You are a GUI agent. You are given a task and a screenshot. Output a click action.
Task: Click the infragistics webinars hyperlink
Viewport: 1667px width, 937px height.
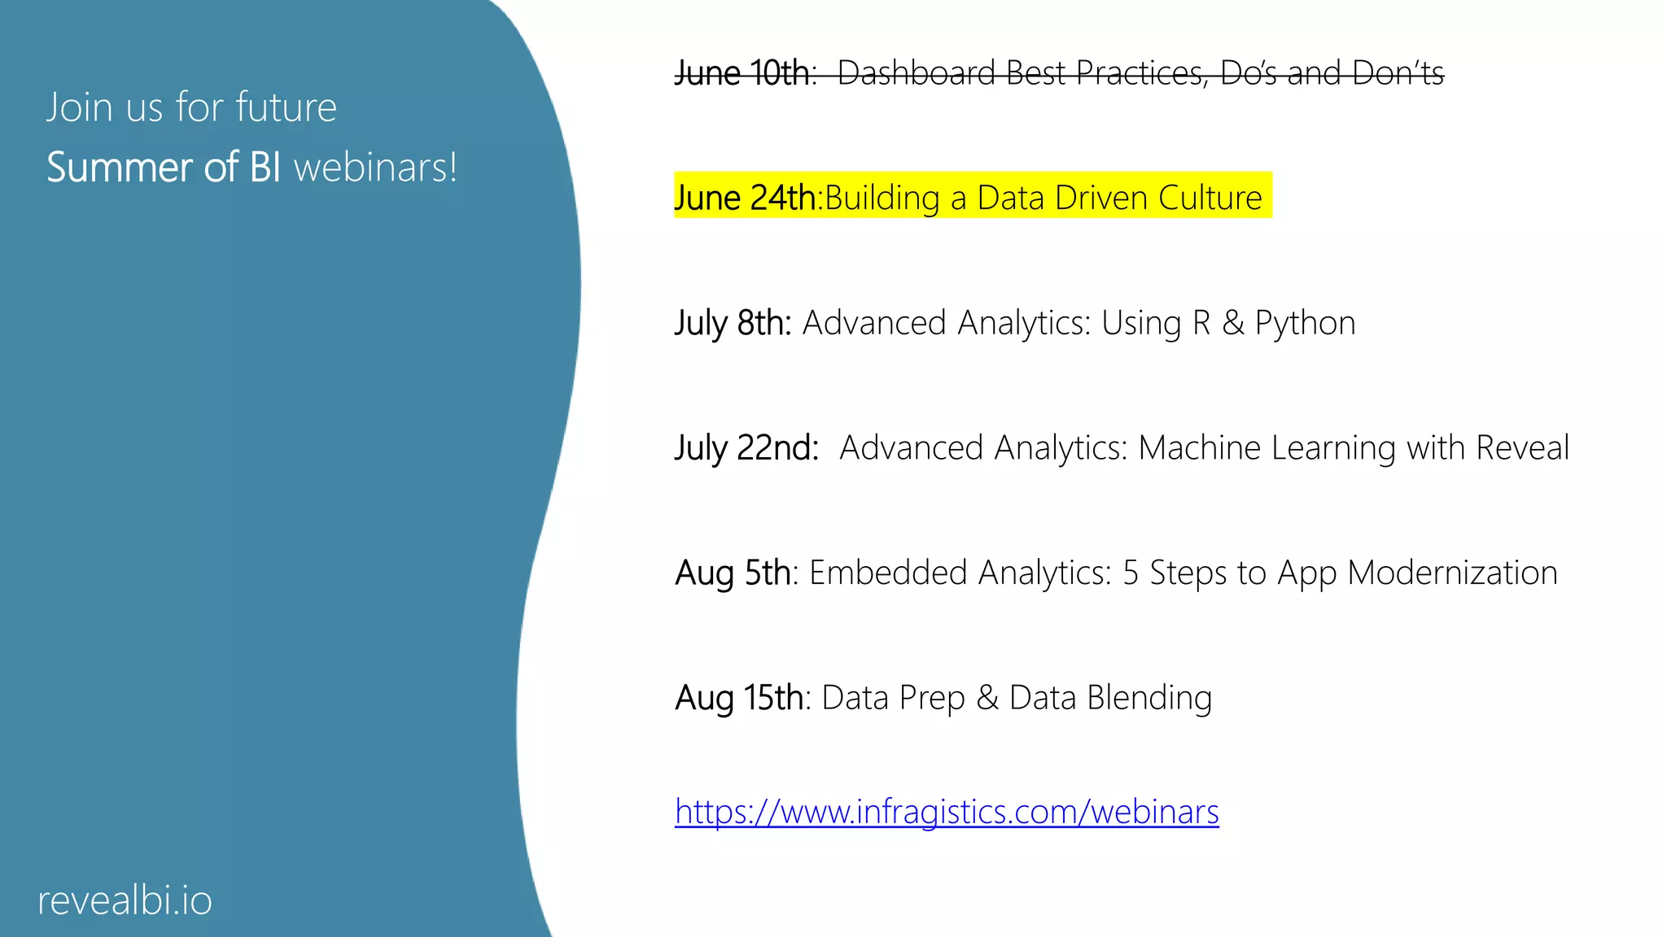tap(947, 812)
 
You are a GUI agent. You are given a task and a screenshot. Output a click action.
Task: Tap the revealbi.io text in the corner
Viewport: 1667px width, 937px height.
tap(125, 900)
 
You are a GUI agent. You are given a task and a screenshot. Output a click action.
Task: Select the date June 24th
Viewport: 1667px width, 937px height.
tap(745, 198)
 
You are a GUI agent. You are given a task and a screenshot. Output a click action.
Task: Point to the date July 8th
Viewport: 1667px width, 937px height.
tap(733, 323)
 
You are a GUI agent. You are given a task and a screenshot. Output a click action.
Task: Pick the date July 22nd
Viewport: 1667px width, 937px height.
tap(746, 448)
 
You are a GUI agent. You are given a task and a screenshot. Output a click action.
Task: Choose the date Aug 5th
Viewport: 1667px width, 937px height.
tap(733, 573)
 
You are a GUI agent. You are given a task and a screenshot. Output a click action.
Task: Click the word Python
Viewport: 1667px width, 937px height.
tap(1305, 324)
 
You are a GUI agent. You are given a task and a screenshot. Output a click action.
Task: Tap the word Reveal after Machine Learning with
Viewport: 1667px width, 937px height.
tap(1522, 448)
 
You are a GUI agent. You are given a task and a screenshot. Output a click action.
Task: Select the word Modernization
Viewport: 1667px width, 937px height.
tap(1452, 573)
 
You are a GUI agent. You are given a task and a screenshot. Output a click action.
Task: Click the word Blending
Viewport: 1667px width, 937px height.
tap(1149, 698)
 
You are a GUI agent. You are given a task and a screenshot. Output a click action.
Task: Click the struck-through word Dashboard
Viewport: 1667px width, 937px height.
tap(917, 73)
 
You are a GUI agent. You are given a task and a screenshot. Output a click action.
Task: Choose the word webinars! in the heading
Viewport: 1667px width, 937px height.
tap(375, 168)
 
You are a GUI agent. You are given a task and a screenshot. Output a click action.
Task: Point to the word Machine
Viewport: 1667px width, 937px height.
tap(1199, 448)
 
